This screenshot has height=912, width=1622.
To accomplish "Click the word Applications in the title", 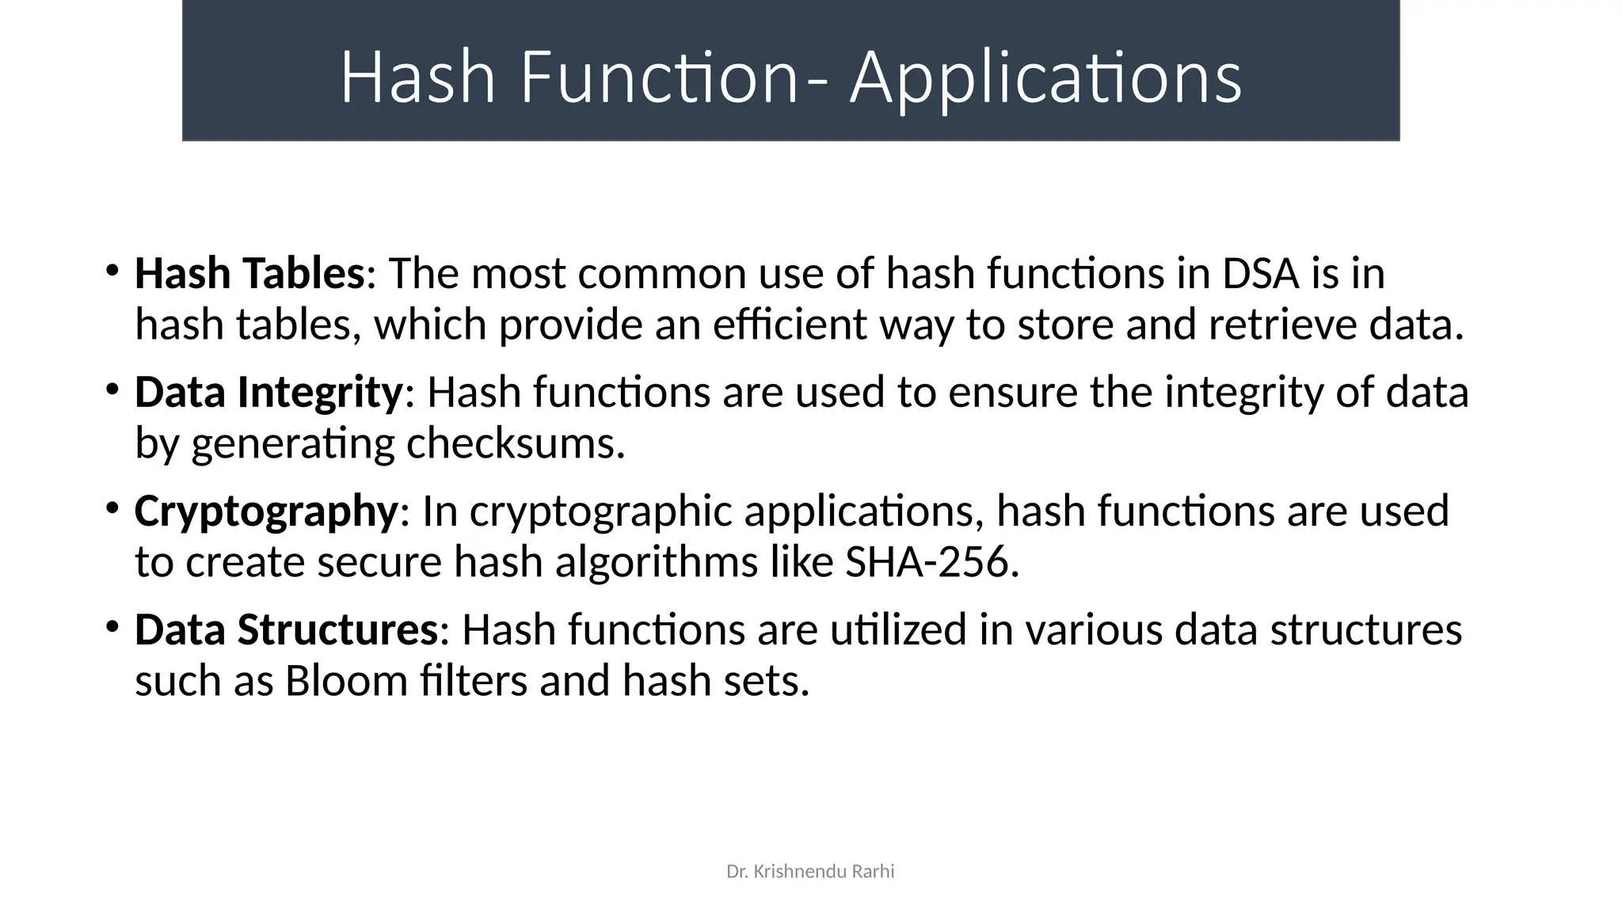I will tap(1045, 78).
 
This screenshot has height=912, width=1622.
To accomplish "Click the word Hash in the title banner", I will tap(417, 78).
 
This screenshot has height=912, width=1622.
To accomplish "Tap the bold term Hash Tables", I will tap(249, 273).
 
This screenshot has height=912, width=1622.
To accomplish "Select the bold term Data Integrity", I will tap(268, 392).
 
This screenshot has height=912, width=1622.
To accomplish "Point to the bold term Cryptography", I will tap(265, 511).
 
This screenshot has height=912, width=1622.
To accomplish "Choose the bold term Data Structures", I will tap(286, 629).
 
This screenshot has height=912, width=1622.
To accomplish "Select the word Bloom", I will tap(346, 681).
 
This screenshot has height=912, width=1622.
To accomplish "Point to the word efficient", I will tap(790, 325).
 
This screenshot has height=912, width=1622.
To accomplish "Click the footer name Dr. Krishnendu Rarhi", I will tap(810, 872).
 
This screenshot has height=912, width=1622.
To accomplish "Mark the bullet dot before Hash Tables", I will tap(112, 271).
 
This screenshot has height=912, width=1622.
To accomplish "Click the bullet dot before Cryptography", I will tap(112, 508).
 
